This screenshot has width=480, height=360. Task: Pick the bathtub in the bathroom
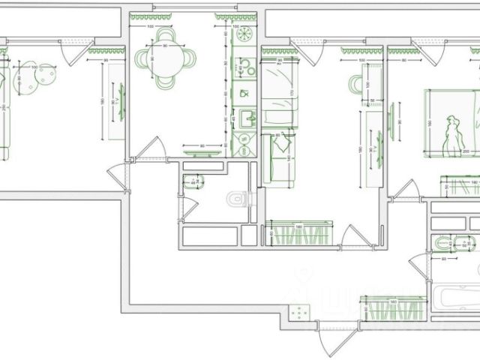click(x=457, y=298)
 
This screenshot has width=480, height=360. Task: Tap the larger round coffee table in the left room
click(x=46, y=76)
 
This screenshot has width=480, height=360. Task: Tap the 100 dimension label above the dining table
click(x=150, y=28)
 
